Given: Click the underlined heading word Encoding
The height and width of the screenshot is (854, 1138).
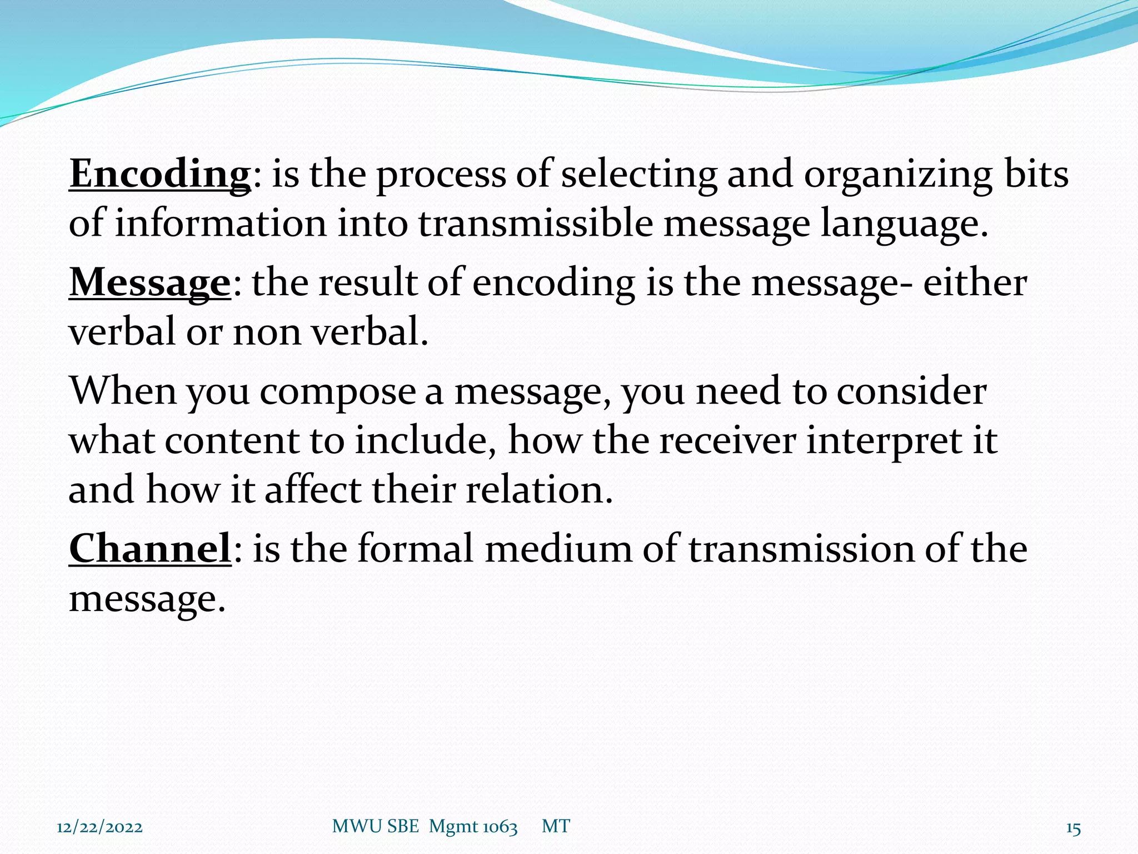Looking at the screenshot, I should click(160, 174).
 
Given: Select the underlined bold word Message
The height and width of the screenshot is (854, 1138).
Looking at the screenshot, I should click(149, 283).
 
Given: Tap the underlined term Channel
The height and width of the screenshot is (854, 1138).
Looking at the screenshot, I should click(150, 549).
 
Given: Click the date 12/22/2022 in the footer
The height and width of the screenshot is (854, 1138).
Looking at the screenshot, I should click(99, 827).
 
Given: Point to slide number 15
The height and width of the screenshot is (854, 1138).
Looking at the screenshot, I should click(1073, 829).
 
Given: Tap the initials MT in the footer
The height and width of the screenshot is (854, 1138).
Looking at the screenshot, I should click(556, 827).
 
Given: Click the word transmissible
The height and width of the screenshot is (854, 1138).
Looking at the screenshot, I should click(535, 224).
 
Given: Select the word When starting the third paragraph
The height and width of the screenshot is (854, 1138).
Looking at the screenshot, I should click(123, 391).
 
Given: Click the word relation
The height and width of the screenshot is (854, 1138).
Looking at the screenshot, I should click(538, 490).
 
